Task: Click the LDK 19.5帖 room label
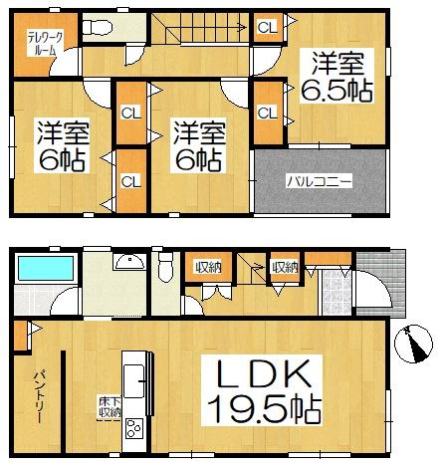point(262,390)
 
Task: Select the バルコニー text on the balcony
point(320,182)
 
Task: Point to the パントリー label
point(39,398)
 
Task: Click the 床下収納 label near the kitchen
point(110,407)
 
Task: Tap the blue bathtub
point(46,269)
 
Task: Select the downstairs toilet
point(165,267)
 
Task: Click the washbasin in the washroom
point(129,262)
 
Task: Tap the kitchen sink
point(133,381)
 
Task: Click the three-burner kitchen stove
point(134,429)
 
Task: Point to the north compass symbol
point(413,344)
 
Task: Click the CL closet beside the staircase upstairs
point(268,27)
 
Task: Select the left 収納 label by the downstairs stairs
point(208,267)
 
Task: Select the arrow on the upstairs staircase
point(206,29)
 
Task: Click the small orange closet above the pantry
point(21,336)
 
